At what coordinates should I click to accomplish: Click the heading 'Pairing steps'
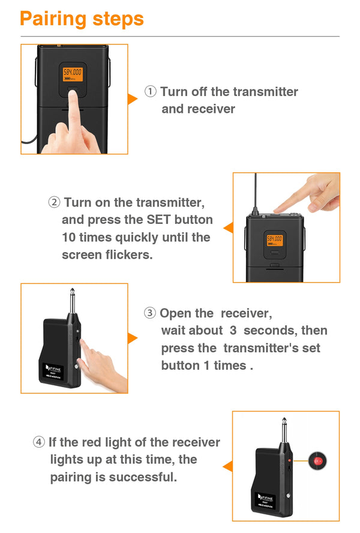(x=82, y=19)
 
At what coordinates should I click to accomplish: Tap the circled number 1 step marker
(x=150, y=92)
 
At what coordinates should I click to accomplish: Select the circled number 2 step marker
(x=54, y=202)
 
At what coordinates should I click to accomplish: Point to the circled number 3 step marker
(x=150, y=313)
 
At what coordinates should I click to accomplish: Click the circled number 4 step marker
(x=39, y=442)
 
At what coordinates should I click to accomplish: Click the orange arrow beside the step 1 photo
(x=132, y=99)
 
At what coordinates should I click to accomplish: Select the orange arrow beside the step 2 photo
(x=228, y=227)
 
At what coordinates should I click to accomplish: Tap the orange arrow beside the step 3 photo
(x=132, y=339)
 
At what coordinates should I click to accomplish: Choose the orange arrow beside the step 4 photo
(x=228, y=466)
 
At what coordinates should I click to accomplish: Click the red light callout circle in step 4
(x=317, y=462)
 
